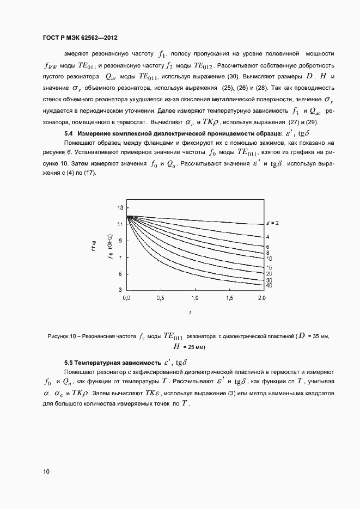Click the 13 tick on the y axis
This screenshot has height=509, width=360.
(x=119, y=208)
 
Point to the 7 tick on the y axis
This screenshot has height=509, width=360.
(x=120, y=257)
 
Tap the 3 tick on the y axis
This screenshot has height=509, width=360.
(x=120, y=290)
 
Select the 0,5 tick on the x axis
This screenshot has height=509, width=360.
(x=160, y=299)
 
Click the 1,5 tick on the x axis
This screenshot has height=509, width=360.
(x=229, y=299)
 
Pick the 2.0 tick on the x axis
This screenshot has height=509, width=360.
(x=261, y=299)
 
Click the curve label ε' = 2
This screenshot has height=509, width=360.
(x=272, y=223)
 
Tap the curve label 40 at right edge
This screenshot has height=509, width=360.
(x=269, y=285)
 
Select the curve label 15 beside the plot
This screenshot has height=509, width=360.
(x=269, y=267)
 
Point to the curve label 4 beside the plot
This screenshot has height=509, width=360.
(x=267, y=237)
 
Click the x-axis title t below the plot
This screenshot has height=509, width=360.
(x=190, y=312)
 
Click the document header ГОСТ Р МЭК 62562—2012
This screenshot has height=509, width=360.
(x=80, y=39)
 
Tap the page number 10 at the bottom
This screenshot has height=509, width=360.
(x=46, y=471)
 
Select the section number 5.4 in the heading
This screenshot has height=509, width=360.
(x=69, y=133)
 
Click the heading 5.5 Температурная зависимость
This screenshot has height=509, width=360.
(x=112, y=362)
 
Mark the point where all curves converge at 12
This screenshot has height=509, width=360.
(x=127, y=216)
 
